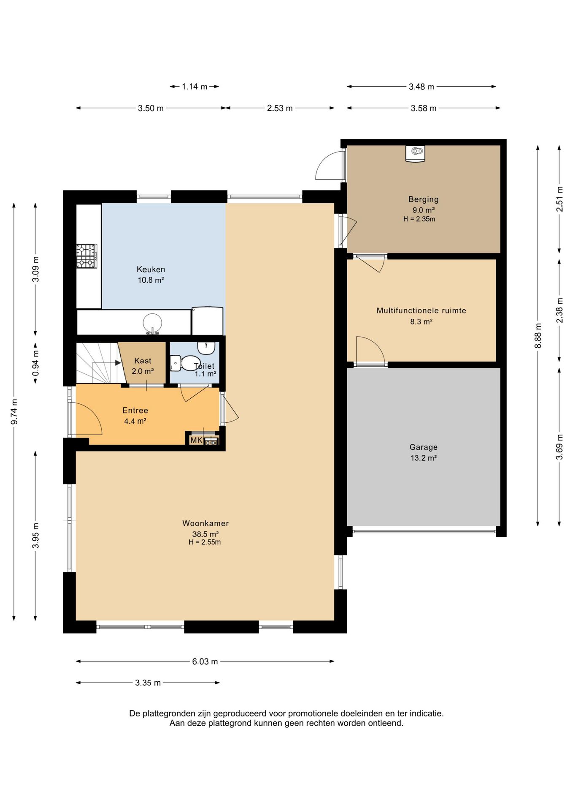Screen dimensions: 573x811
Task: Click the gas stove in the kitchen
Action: click(86, 256)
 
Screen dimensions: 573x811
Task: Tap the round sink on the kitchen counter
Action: click(152, 324)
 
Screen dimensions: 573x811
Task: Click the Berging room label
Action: click(423, 199)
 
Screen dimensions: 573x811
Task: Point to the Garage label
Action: click(423, 447)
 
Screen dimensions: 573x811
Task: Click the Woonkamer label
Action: click(205, 523)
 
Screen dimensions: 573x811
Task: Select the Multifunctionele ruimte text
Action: click(421, 310)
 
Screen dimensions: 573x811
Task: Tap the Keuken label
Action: click(151, 269)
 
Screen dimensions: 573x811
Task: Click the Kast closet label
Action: click(143, 361)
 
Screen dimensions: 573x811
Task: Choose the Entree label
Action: click(135, 410)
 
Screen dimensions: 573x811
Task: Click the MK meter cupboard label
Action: click(196, 440)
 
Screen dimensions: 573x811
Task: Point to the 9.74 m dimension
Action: click(14, 411)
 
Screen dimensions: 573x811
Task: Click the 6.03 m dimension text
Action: click(205, 661)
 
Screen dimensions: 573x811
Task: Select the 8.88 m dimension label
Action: click(538, 336)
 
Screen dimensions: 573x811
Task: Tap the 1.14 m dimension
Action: click(195, 87)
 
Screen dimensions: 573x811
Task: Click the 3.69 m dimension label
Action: click(559, 447)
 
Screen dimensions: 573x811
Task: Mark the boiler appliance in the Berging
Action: click(415, 154)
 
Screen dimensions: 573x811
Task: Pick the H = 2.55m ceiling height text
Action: click(205, 542)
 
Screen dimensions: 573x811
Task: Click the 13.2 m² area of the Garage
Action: click(423, 458)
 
